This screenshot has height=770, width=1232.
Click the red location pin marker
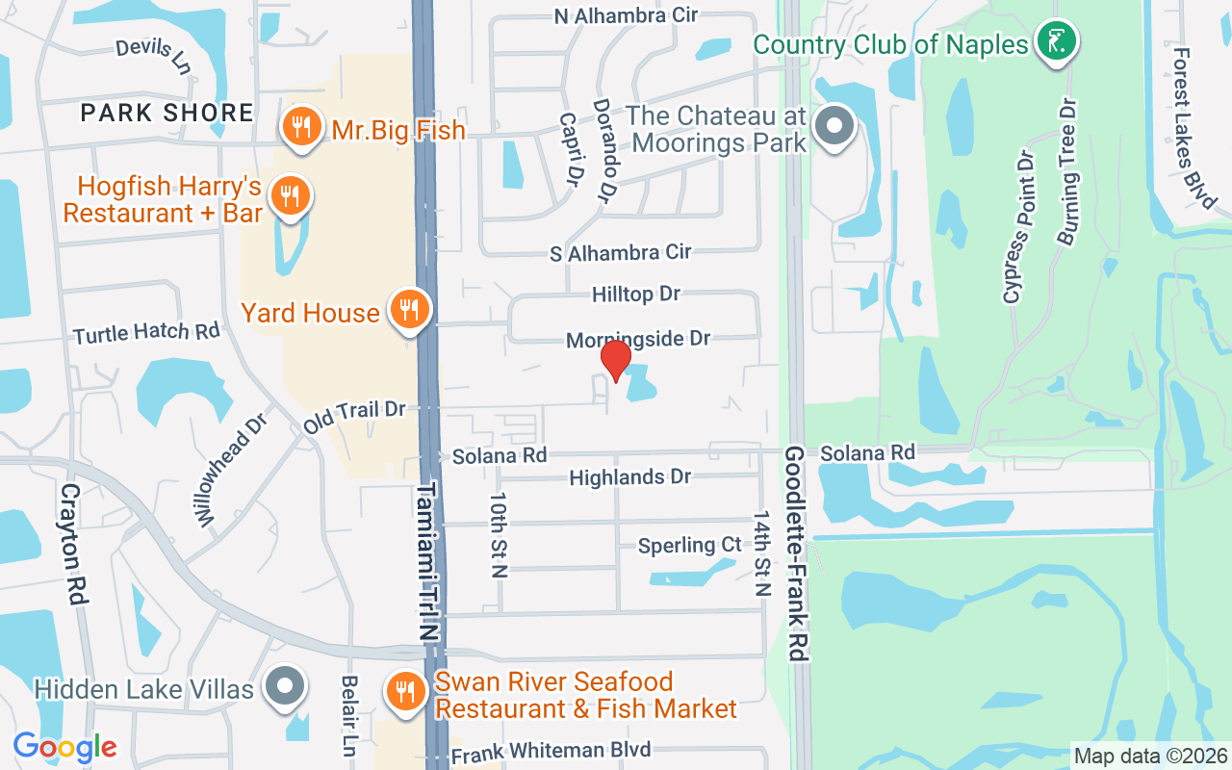coord(615,360)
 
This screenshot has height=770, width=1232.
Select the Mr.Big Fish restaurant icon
coord(302,126)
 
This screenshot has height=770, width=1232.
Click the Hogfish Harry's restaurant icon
coord(288,195)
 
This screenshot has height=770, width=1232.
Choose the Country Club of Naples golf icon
coord(1057,41)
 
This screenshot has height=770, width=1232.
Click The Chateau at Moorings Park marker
coord(834,127)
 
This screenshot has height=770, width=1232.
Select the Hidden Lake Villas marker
coord(286,686)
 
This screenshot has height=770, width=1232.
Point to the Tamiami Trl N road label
coord(427,561)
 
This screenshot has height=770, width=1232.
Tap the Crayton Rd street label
coord(74,543)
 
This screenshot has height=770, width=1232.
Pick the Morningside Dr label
coord(637,339)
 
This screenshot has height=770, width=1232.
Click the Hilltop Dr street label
coord(636,294)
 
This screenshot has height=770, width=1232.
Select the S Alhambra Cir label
coord(620,253)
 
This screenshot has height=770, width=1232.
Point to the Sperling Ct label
coord(690,546)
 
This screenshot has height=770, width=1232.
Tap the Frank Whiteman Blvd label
coord(551,751)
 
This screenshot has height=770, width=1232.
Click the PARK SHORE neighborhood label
coord(167,113)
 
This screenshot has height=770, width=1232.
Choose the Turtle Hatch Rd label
coord(147,332)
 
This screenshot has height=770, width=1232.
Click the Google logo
coord(64,747)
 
